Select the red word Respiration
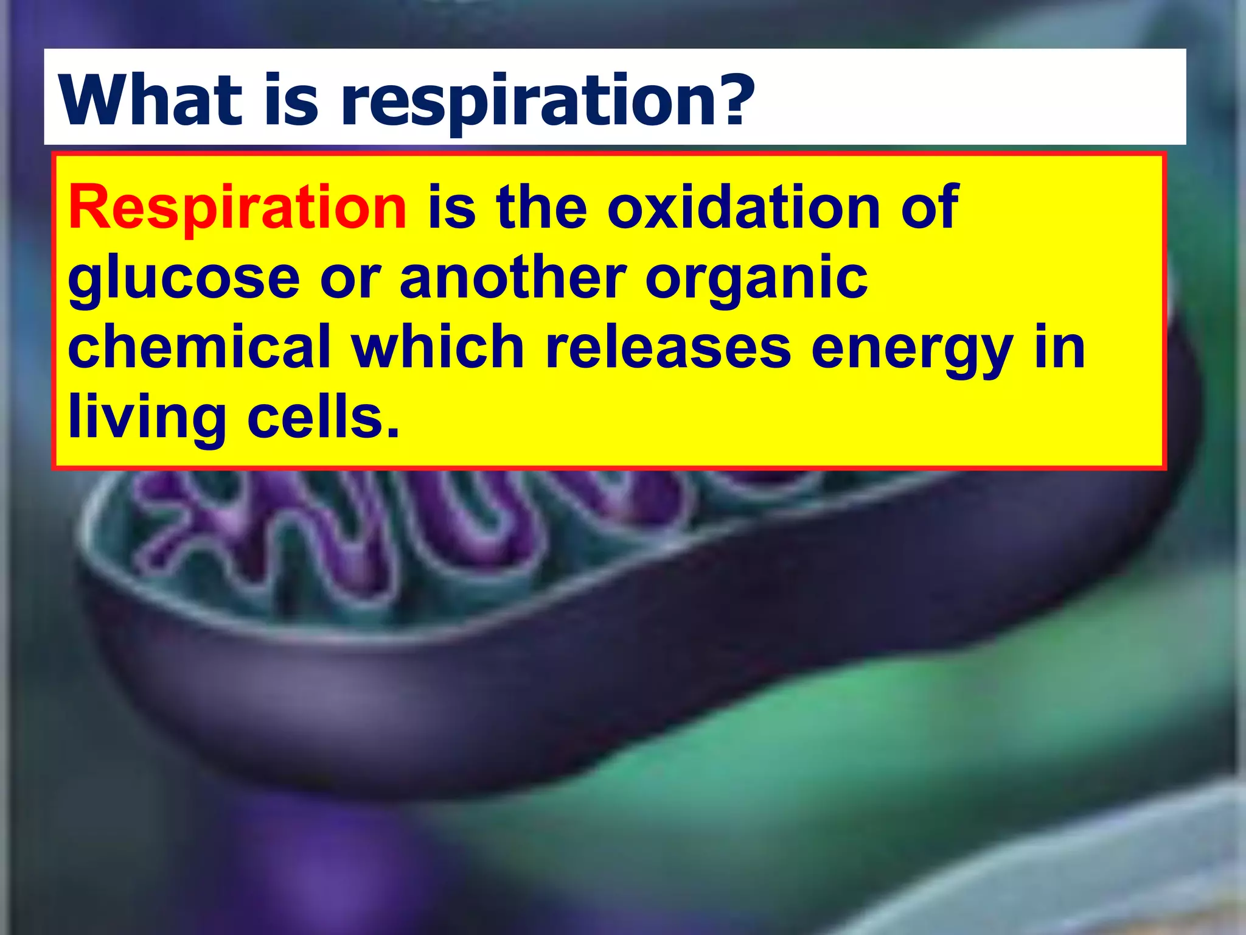point(237,208)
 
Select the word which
point(437,347)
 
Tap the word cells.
point(323,418)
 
